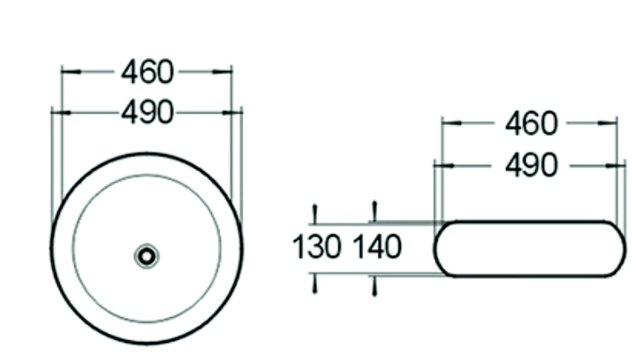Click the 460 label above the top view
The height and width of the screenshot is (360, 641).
point(147,72)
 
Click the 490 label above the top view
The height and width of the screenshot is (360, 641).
point(147,112)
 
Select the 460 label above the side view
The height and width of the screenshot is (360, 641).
point(531,124)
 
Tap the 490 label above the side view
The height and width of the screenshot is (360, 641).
point(531,164)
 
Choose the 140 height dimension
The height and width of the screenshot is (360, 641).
point(377,247)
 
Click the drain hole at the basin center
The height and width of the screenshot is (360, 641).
point(147,255)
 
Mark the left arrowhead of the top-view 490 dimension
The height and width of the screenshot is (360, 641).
point(58,112)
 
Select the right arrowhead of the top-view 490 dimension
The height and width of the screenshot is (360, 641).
point(235,112)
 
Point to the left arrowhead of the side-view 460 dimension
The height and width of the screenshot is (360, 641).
point(449,124)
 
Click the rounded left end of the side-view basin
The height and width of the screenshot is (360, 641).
point(438,249)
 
